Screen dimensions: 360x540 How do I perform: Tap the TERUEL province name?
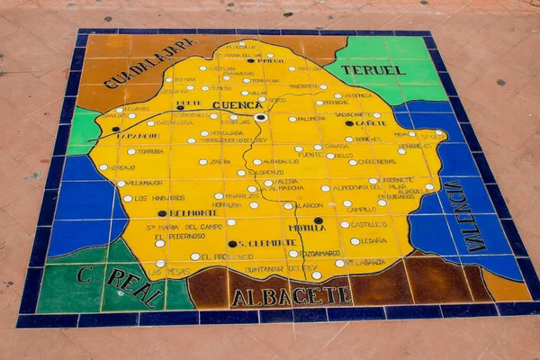[x=373, y=69]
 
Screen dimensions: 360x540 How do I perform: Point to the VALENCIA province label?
[x=467, y=216]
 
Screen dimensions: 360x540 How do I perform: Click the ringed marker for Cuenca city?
[x=261, y=117]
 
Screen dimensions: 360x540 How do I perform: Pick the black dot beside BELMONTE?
[x=162, y=214]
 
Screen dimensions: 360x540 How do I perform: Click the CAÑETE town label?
[x=369, y=123]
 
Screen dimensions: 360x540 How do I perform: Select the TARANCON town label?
[x=139, y=136]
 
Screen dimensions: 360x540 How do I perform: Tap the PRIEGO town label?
[x=269, y=60]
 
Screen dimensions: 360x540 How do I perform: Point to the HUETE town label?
[x=189, y=103]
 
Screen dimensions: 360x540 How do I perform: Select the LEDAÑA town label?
[x=373, y=240]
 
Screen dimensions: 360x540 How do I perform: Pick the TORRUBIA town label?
[x=149, y=151]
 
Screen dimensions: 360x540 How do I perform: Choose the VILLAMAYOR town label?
[x=145, y=183]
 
